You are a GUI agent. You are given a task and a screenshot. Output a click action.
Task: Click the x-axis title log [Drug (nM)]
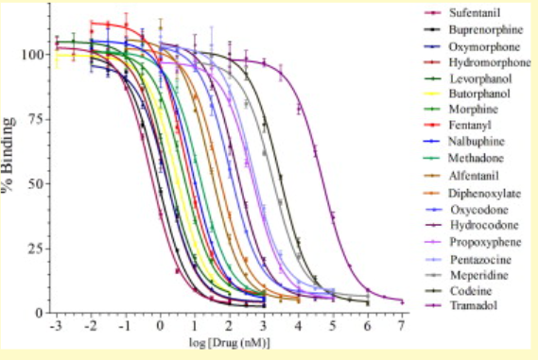point(228,342)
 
